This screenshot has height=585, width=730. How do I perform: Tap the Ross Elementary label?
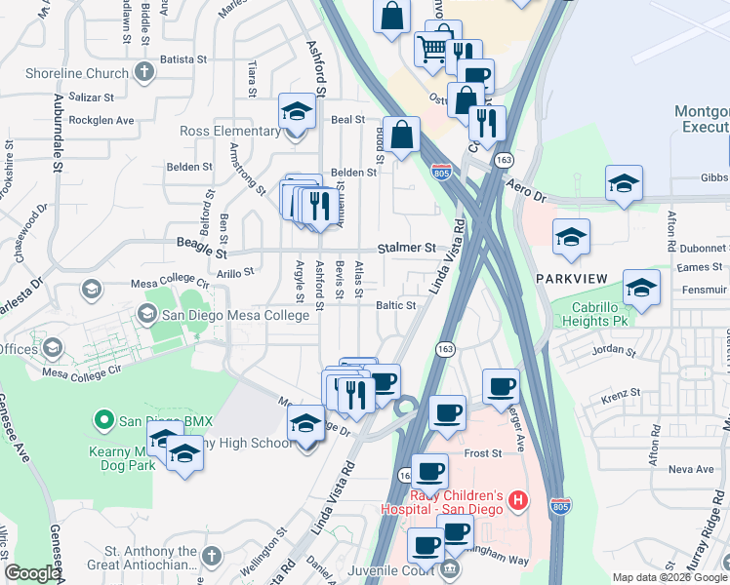pyautogui.click(x=230, y=131)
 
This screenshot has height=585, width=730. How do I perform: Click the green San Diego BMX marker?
pyautogui.click(x=102, y=421)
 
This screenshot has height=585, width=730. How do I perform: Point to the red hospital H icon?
pyautogui.click(x=518, y=502)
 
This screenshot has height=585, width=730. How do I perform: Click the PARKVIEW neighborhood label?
pyautogui.click(x=572, y=279)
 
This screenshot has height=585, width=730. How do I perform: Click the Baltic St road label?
pyautogui.click(x=396, y=305)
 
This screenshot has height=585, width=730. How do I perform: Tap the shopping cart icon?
pyautogui.click(x=431, y=47)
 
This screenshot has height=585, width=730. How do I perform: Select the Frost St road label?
pyautogui.click(x=482, y=453)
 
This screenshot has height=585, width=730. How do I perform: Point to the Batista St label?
pyautogui.click(x=178, y=59)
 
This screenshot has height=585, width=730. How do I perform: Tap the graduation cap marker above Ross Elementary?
pyautogui.click(x=297, y=111)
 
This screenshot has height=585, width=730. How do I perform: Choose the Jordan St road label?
pyautogui.click(x=614, y=348)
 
